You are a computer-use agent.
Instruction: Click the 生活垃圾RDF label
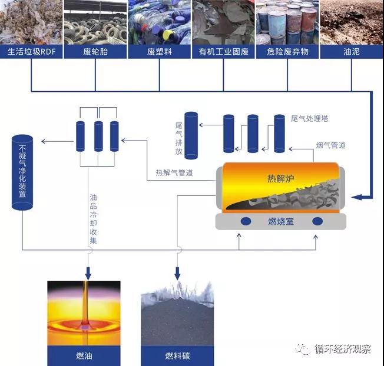pos(31,52)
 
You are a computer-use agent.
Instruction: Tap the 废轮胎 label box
pos(95,52)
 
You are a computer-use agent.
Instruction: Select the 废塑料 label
pos(160,52)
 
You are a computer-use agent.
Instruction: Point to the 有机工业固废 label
pos(223,52)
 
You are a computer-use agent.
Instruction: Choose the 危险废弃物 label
pos(287,52)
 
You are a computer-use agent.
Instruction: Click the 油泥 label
pos(352,52)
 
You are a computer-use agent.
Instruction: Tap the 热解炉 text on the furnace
pos(281,179)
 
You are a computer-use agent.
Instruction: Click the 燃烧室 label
pos(281,222)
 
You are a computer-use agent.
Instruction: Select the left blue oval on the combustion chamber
pos(246,221)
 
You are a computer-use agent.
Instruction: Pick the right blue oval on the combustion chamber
pos(317,221)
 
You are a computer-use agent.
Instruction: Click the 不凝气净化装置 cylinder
pos(22,172)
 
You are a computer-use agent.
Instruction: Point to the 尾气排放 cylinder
pos(191,135)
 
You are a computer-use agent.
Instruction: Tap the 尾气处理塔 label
pos(310,119)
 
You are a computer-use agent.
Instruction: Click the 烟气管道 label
pos(330,145)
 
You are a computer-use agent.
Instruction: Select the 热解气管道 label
pos(174,173)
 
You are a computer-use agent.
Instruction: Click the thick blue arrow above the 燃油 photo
pos(88,274)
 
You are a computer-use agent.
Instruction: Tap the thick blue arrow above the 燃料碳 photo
pos(177,274)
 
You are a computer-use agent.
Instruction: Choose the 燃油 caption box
pos(84,356)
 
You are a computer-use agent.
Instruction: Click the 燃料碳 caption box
pos(177,356)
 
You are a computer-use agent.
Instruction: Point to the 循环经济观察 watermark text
pos(343,349)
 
